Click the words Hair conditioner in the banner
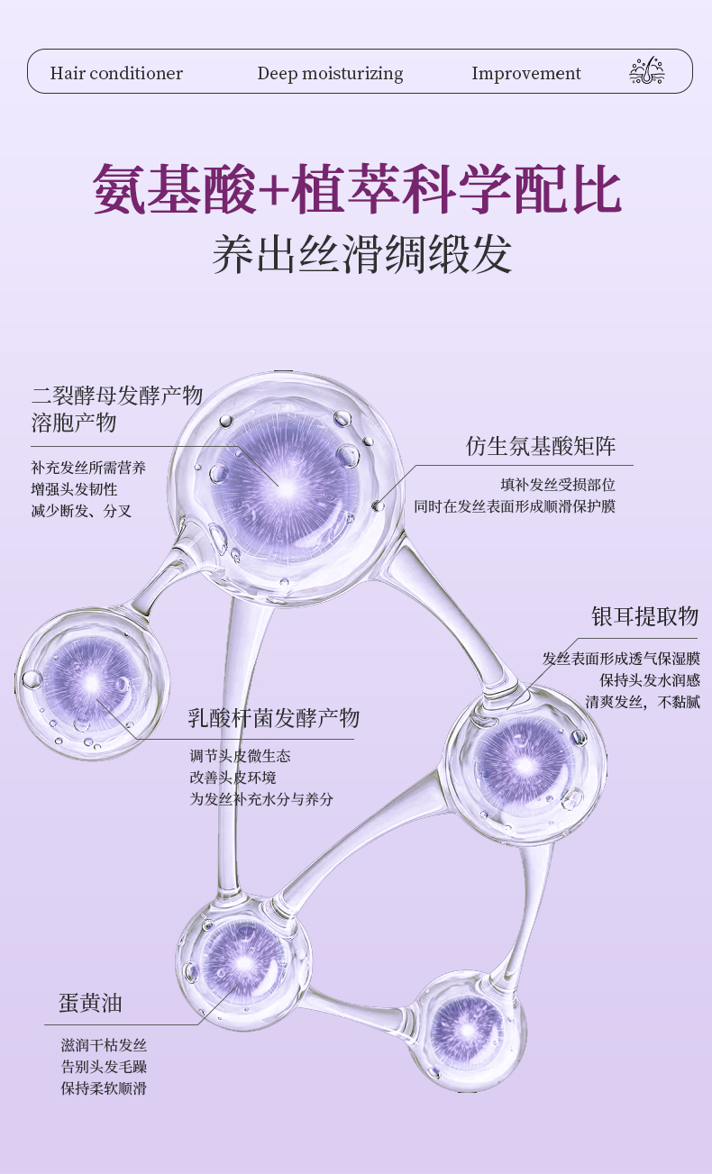click(116, 73)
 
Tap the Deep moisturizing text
click(330, 73)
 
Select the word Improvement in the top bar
click(526, 73)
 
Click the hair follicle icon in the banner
click(646, 71)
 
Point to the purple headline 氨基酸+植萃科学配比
click(357, 188)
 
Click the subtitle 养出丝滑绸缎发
click(362, 254)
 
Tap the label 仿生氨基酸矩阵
click(541, 446)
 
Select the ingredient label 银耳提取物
click(644, 616)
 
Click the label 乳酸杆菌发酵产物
click(273, 718)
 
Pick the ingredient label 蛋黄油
click(90, 1003)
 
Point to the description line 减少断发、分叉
click(81, 511)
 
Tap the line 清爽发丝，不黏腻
click(642, 702)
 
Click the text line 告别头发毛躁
click(104, 1067)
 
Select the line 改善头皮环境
click(233, 777)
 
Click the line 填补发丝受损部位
click(558, 485)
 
